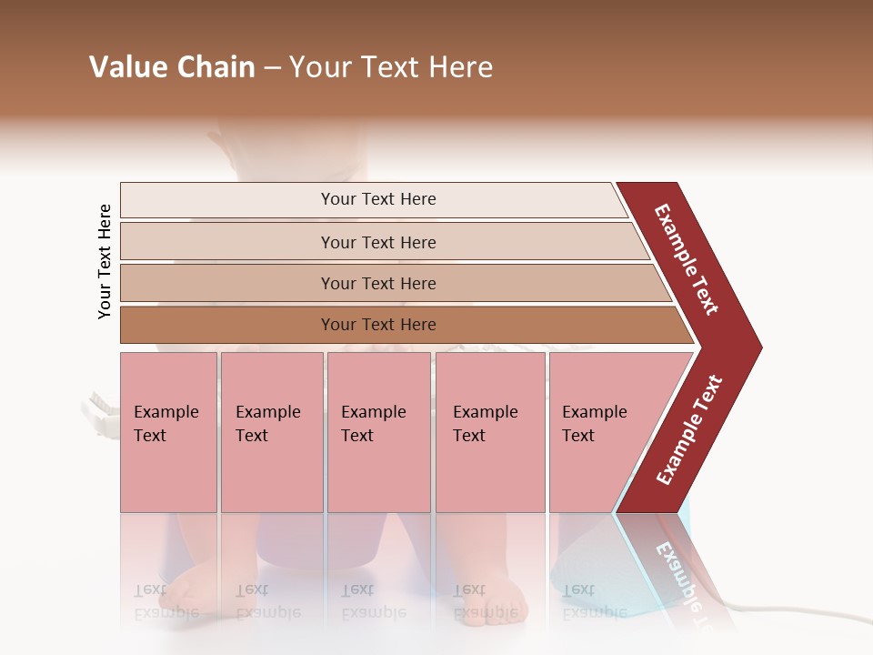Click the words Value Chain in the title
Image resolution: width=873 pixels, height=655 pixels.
click(x=172, y=67)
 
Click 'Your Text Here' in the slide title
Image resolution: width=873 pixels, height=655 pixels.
click(x=391, y=67)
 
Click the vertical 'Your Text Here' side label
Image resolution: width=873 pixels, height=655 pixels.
click(x=105, y=261)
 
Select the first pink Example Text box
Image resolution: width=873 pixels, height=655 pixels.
click(x=168, y=431)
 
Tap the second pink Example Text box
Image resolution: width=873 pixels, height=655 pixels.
click(x=271, y=431)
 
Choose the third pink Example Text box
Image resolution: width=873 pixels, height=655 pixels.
click(x=378, y=431)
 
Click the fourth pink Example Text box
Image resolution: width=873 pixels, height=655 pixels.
click(x=490, y=431)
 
